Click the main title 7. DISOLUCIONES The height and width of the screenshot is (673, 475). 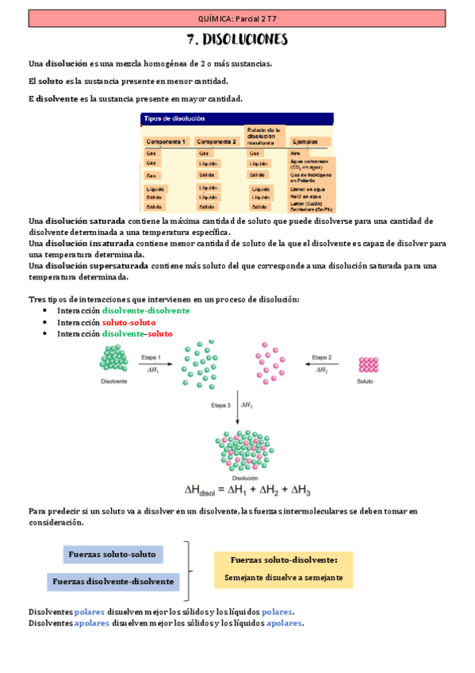pos(237,40)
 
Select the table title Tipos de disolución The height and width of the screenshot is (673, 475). pos(174,118)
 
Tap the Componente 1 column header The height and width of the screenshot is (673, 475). pos(166,141)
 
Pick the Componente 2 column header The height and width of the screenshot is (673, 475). pos(216,141)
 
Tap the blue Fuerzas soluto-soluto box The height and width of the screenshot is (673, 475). pos(113,554)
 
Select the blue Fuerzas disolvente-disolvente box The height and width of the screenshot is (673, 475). pos(113,582)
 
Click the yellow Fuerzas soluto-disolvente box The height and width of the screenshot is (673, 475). pos(283,569)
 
